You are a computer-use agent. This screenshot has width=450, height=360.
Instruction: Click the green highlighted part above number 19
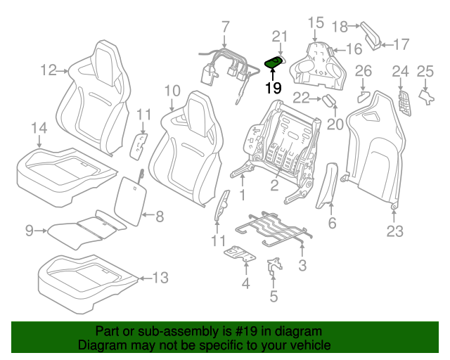274,63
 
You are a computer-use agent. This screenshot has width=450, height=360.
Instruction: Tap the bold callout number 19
274,88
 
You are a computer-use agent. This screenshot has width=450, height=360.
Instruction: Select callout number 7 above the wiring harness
226,27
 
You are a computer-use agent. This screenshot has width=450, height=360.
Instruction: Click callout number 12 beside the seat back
49,70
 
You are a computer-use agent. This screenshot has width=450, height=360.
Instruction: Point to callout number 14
39,128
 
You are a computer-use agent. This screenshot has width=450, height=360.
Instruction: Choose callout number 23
395,231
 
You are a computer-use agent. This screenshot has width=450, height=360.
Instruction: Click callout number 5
274,296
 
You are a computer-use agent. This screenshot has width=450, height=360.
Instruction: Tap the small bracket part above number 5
274,266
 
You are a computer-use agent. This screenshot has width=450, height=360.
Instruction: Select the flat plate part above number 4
240,254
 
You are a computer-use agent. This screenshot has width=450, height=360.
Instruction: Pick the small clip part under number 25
427,97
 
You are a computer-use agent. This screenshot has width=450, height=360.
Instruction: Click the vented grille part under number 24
404,103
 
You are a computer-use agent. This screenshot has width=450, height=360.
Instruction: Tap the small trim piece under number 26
364,97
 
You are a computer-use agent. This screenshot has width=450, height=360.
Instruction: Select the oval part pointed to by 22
328,101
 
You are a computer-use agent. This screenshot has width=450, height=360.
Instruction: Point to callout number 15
316,22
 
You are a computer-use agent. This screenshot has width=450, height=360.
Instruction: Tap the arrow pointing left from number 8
148,214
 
